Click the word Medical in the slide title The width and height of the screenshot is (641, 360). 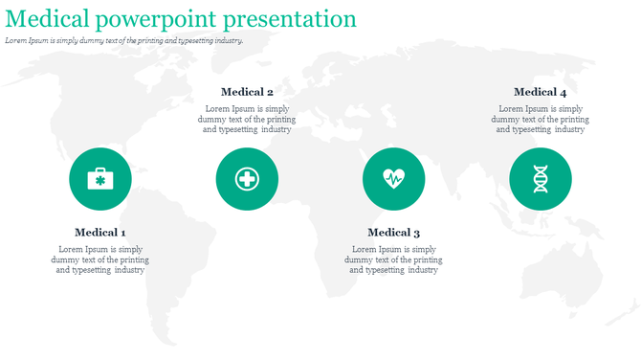point(48,19)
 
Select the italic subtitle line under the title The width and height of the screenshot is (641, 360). point(124,41)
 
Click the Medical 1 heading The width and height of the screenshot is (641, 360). point(99,233)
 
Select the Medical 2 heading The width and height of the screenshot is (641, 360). point(247,92)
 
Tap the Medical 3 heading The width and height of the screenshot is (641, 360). point(393,233)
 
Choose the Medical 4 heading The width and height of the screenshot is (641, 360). point(540,92)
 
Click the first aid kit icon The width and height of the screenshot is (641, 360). point(100,179)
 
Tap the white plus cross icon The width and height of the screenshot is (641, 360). point(247,179)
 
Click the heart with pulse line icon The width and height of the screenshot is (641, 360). point(393,178)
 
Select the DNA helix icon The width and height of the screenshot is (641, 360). point(541,179)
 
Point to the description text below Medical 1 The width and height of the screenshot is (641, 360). point(99,259)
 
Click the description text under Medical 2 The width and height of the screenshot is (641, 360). point(247,120)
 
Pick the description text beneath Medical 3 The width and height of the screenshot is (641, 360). point(393,259)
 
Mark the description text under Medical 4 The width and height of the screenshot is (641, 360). point(540,120)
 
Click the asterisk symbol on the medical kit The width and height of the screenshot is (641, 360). point(100,180)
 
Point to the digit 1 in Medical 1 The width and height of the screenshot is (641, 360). point(122,233)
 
